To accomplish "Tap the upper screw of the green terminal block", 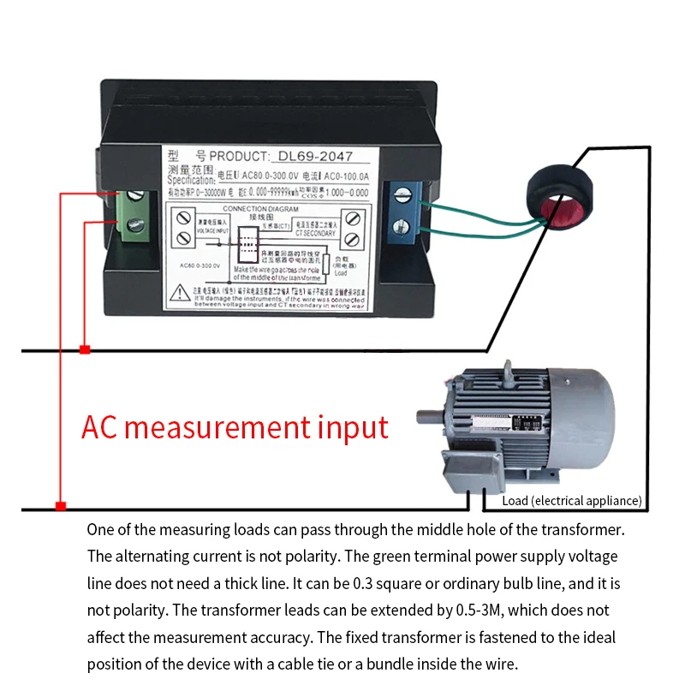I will click(135, 196).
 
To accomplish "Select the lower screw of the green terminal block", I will click(135, 225).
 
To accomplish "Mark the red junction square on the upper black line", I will click(84, 349).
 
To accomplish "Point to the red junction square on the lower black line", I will click(60, 507).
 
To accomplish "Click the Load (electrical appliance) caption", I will click(572, 501).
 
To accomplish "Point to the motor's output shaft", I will click(428, 418).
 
